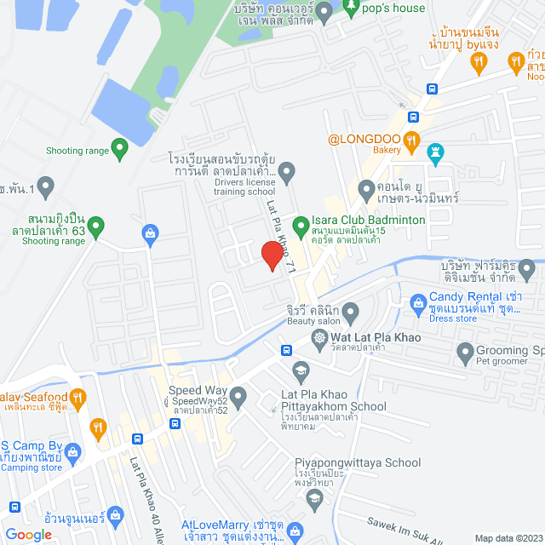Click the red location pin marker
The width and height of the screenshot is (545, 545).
272,255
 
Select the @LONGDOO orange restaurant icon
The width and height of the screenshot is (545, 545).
411,139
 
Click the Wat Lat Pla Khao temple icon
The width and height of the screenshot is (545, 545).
319,338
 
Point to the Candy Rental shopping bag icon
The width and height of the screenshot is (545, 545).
418,301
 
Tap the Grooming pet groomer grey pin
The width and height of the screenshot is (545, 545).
464,351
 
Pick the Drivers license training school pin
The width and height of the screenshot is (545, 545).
287,175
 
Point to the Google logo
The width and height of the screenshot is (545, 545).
29,534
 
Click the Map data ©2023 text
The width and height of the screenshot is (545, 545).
508,537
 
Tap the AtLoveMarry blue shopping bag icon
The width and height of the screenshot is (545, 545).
294,533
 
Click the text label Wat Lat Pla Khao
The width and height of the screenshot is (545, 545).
376,338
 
